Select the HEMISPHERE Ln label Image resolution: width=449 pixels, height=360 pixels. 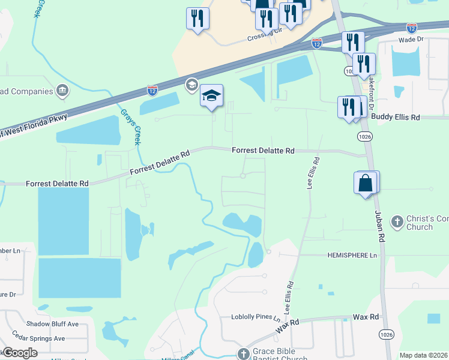click(352, 255)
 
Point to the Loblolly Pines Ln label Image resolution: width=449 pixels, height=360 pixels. click(256, 317)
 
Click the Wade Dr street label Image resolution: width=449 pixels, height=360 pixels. click(411, 40)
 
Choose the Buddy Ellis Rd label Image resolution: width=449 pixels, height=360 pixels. click(395, 117)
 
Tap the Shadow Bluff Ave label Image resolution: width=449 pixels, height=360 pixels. click(52, 324)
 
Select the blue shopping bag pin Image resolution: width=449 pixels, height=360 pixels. click(366, 183)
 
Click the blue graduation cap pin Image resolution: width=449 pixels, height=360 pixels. click(211, 96)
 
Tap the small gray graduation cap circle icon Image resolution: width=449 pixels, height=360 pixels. click(192, 83)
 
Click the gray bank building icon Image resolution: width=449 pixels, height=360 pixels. click(62, 91)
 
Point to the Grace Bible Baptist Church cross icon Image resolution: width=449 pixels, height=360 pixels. click(243, 353)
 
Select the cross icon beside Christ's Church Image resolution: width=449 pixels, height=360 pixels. click(397, 221)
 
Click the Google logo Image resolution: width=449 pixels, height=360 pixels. click(20, 353)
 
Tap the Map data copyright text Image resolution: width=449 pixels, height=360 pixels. click(423, 355)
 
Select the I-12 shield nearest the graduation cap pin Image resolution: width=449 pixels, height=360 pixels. click(152, 90)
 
